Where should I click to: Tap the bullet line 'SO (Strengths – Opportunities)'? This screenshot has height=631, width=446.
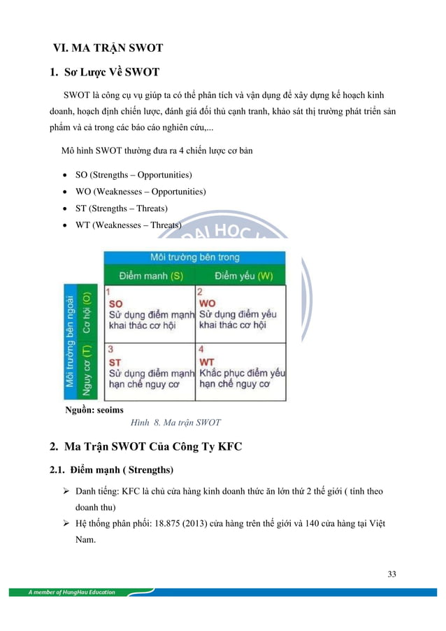click(134, 174)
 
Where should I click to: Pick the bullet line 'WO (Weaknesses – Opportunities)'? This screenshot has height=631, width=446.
click(140, 191)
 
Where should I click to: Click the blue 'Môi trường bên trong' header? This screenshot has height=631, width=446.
click(194, 257)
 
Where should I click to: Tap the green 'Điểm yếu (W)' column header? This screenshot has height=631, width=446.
click(240, 276)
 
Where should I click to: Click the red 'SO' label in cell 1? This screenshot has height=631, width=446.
click(117, 304)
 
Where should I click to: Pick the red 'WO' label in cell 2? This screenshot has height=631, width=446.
click(208, 304)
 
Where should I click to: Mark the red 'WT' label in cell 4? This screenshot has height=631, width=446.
click(208, 362)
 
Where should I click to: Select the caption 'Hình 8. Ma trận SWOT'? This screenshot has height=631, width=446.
click(175, 423)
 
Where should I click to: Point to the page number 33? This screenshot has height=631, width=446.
click(391, 574)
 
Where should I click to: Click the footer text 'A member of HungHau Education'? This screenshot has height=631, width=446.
click(72, 593)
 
